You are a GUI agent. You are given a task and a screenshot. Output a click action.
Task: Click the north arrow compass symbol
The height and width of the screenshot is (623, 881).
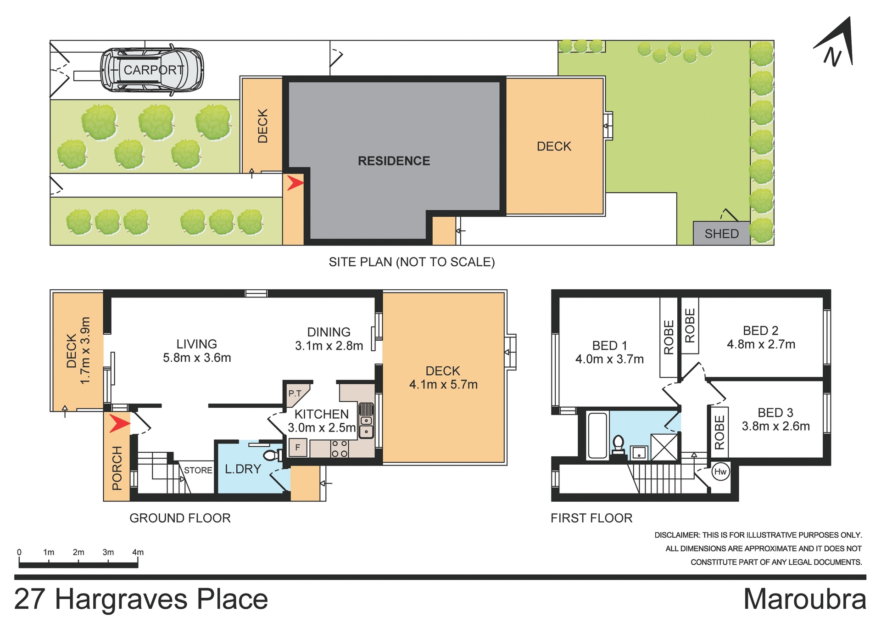tap(836, 46)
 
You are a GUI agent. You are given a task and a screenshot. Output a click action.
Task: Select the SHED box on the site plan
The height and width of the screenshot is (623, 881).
tap(721, 233)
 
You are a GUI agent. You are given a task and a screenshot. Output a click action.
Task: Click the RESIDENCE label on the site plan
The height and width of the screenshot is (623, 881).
tap(394, 161)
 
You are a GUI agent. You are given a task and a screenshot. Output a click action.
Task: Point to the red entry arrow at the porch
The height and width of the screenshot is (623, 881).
tap(119, 423)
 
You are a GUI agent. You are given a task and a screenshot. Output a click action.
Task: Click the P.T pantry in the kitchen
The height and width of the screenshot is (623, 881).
tap(295, 393)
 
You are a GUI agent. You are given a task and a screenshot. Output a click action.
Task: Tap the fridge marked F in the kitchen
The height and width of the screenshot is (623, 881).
tap(297, 447)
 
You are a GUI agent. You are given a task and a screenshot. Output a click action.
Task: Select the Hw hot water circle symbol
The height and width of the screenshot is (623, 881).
tap(720, 471)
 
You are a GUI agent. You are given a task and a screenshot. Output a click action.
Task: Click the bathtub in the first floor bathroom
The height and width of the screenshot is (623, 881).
tap(597, 435)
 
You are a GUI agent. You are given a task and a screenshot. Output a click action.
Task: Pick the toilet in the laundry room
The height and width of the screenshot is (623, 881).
tap(272, 455)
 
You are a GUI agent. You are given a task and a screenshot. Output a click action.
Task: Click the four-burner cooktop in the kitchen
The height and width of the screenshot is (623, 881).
tap(340, 449)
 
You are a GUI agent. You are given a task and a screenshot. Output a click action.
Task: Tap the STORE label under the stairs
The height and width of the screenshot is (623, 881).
tap(198, 470)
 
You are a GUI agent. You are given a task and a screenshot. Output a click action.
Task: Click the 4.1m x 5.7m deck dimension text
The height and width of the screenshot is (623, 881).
tap(443, 384)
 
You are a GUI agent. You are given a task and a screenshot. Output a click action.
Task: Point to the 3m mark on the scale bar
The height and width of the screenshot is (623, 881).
tap(108, 552)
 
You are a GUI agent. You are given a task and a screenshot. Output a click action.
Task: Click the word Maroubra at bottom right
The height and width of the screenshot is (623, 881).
tap(804, 599)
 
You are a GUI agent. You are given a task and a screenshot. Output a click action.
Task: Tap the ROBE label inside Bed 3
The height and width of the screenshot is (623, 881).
tap(719, 432)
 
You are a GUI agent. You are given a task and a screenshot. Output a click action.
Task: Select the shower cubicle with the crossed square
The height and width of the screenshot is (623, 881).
tap(664, 447)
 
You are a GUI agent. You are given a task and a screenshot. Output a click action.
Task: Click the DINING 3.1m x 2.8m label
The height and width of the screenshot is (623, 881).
tap(329, 339)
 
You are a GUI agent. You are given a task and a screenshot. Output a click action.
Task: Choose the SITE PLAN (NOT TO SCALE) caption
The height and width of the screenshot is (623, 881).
tap(412, 262)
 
